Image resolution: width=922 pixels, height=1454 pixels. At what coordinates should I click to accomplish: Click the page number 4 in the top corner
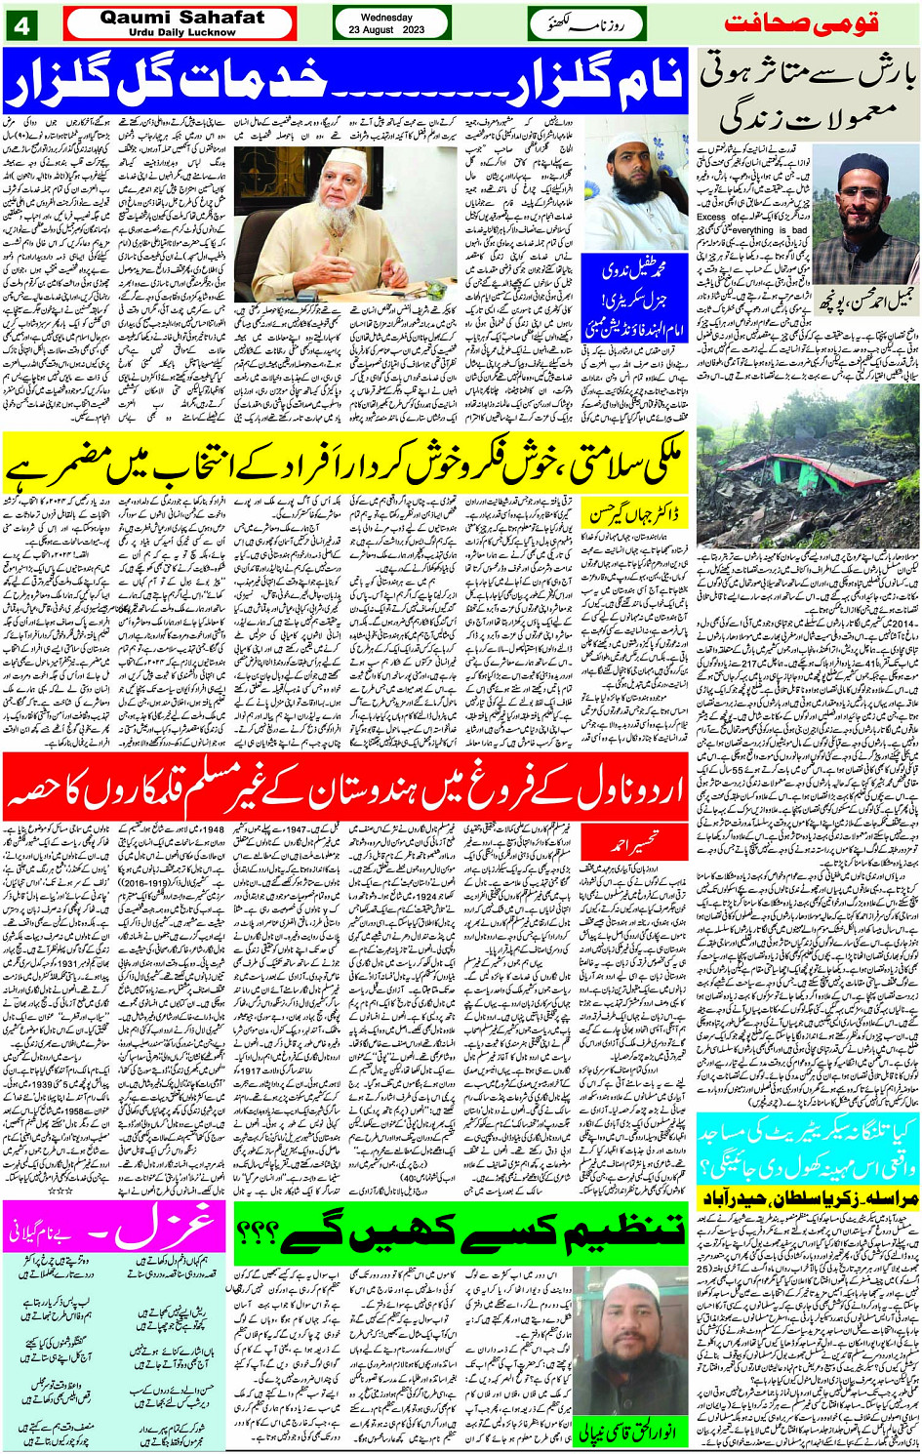tap(22, 25)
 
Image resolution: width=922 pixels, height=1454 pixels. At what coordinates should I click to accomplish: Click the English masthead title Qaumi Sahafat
tap(181, 18)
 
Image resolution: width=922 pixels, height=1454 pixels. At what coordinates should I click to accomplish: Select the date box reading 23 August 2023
tap(391, 24)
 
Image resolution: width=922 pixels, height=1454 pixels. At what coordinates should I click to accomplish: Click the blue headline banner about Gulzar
tap(346, 81)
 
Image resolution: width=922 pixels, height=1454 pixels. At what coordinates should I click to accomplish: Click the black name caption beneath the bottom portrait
tap(627, 1434)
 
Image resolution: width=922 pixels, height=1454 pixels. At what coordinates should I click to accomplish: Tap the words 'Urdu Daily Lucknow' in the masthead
tap(181, 32)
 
